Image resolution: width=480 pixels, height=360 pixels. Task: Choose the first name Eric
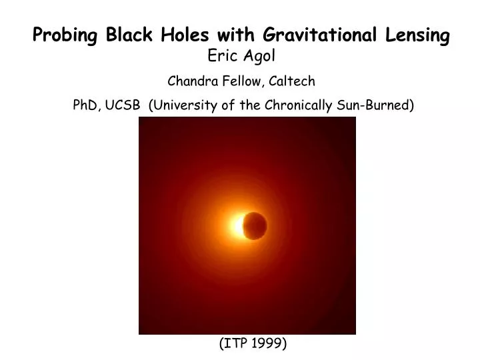point(222,57)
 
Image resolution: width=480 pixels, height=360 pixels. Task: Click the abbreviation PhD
point(86,105)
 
